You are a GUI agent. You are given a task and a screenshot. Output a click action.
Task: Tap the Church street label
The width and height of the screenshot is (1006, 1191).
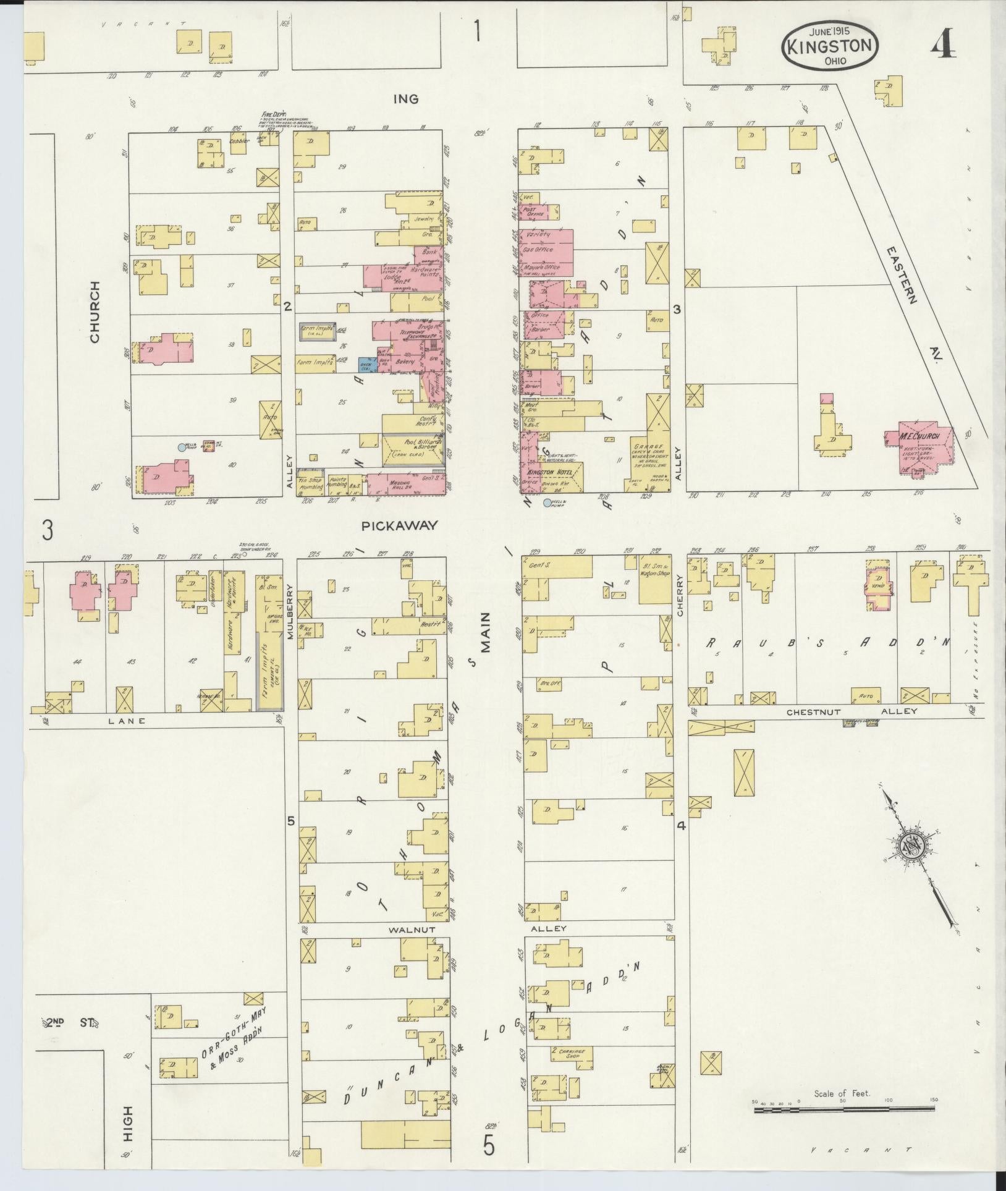tap(95, 312)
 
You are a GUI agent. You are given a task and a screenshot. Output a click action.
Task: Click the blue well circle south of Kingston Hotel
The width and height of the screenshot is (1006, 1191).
tap(546, 503)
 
